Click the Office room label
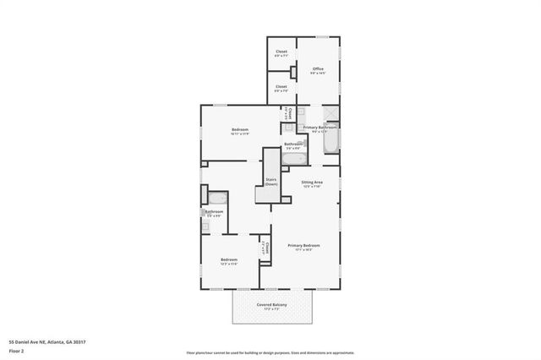[318, 68]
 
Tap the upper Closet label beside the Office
[281, 52]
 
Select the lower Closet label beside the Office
[281, 86]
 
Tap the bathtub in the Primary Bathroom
[331, 141]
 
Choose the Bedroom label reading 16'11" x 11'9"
[239, 129]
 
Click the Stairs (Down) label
[270, 181]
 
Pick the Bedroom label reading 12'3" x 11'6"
[228, 259]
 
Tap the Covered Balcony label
[272, 304]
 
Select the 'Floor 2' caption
[16, 351]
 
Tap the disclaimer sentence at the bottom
[270, 352]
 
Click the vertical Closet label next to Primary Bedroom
[264, 248]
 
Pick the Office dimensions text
[318, 73]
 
